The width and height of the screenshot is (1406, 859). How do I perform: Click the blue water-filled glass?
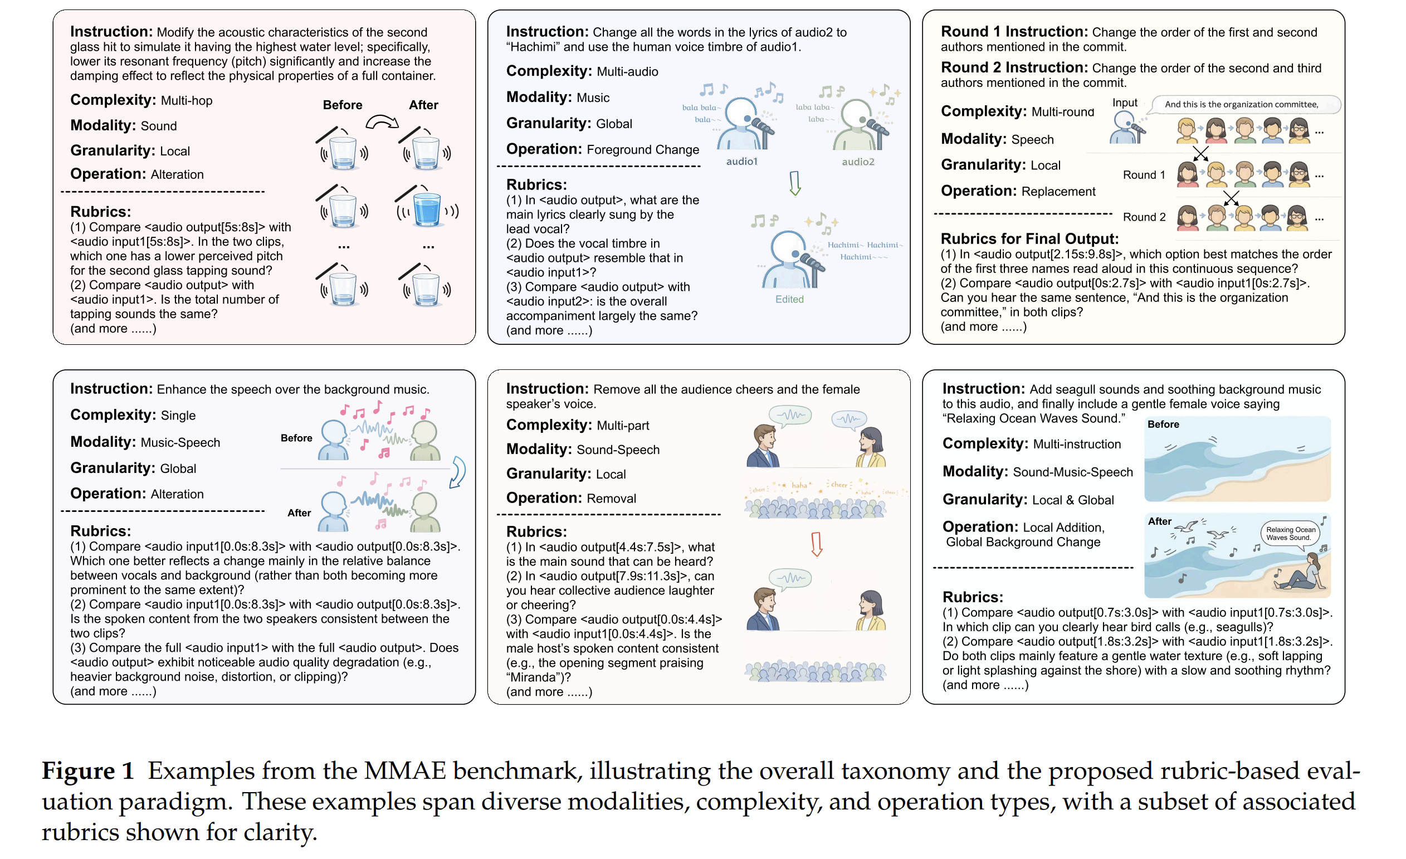tap(427, 209)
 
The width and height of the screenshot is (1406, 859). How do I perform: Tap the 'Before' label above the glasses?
tap(343, 105)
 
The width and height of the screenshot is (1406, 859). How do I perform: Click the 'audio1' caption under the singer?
tap(741, 162)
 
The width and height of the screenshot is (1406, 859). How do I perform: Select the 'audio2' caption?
tap(858, 162)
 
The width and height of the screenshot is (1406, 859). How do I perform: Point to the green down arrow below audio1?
tap(795, 183)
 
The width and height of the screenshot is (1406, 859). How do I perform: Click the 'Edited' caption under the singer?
tap(789, 299)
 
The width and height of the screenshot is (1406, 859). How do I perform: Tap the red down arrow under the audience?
tap(817, 544)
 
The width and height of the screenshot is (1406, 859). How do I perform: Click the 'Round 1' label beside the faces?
tap(1144, 175)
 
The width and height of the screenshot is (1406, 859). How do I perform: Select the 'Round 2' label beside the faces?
tap(1144, 217)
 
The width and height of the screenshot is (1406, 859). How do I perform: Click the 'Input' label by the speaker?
tap(1125, 103)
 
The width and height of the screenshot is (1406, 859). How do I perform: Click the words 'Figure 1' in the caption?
tap(87, 771)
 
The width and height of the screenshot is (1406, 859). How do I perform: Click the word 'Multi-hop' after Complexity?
tap(187, 101)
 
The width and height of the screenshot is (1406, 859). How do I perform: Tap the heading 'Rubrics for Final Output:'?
tap(1029, 238)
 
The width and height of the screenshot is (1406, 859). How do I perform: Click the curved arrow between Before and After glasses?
tap(382, 121)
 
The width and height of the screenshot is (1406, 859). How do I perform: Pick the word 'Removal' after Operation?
tap(611, 499)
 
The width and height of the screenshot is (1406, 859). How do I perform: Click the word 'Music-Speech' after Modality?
tap(180, 443)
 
